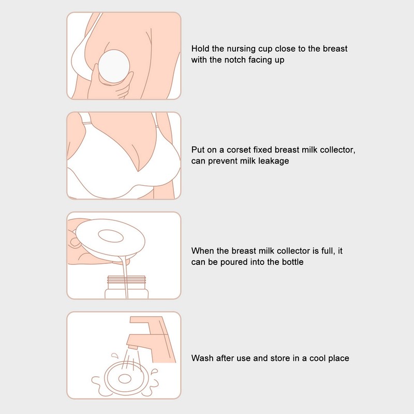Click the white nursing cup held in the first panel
coord(114,66)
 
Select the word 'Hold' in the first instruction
coord(200,49)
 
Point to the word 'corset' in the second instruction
coord(239,150)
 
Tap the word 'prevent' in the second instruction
coord(222,161)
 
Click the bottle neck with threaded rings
coord(126,283)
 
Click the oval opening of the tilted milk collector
coord(111,236)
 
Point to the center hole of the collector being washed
coord(125,379)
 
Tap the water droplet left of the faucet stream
coord(115,356)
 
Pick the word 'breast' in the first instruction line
coord(335,49)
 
